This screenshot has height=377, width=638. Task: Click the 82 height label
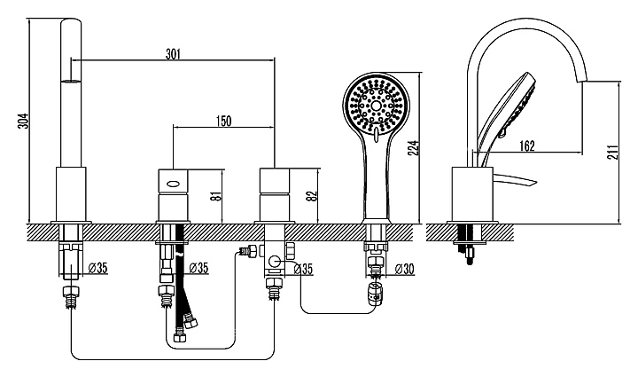pos(312,193)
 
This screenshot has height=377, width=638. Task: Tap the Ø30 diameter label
pos(402,268)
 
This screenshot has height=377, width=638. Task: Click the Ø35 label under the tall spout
pos(97,268)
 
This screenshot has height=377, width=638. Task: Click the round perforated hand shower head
pos(377,106)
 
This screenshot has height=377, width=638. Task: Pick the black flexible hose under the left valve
pos(183,284)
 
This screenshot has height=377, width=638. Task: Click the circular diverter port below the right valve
pos(276,262)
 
